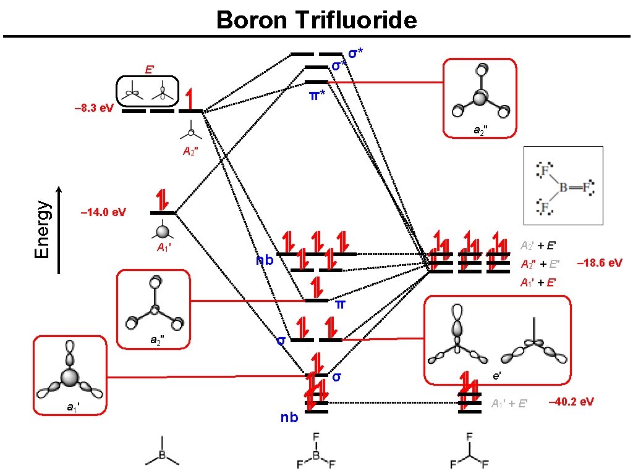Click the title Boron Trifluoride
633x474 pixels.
tap(316, 20)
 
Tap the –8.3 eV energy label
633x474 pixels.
tap(93, 109)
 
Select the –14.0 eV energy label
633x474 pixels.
tap(104, 213)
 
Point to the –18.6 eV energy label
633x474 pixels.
tap(599, 263)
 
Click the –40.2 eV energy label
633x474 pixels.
tap(571, 402)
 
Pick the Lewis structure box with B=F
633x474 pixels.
tap(563, 185)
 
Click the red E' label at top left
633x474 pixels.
tap(150, 69)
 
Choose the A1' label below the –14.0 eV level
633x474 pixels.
tap(163, 249)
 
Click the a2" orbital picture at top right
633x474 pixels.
tap(480, 97)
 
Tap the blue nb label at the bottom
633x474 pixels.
tap(289, 418)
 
